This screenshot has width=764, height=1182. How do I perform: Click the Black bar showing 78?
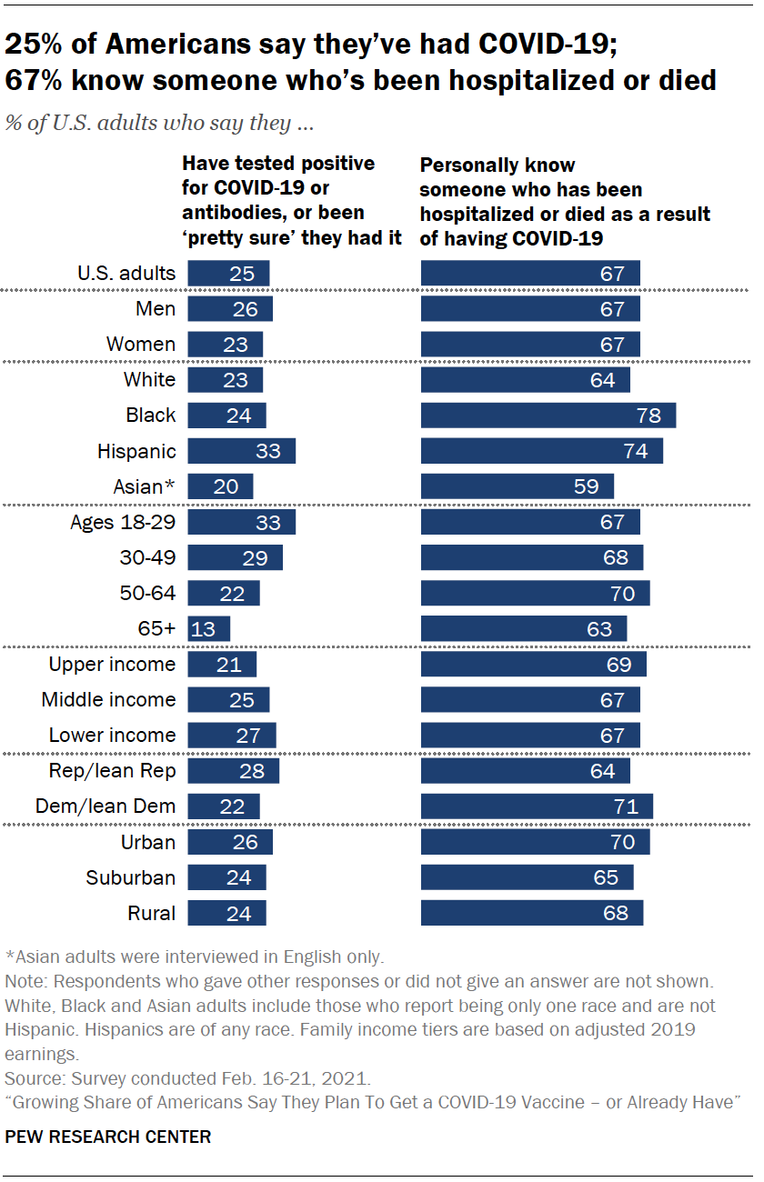(x=548, y=416)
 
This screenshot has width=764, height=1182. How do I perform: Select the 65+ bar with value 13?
(x=209, y=629)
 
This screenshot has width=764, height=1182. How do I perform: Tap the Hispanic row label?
(x=136, y=451)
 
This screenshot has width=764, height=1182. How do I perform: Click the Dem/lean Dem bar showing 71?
(x=537, y=806)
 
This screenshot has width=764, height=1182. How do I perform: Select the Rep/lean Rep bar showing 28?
(x=233, y=771)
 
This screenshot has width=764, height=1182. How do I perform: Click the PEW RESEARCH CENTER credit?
(x=108, y=1137)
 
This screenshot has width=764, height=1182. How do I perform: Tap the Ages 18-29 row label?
(x=123, y=522)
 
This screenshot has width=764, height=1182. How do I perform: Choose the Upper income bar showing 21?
(x=222, y=665)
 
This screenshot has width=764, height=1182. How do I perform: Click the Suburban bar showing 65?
(x=527, y=877)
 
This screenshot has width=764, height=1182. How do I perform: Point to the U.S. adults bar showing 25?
(x=228, y=273)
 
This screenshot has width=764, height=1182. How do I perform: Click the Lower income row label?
(x=112, y=736)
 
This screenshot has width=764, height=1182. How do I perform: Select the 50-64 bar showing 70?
(x=535, y=594)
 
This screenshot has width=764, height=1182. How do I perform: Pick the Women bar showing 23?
(x=225, y=345)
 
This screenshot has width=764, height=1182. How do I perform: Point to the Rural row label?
(x=152, y=913)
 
